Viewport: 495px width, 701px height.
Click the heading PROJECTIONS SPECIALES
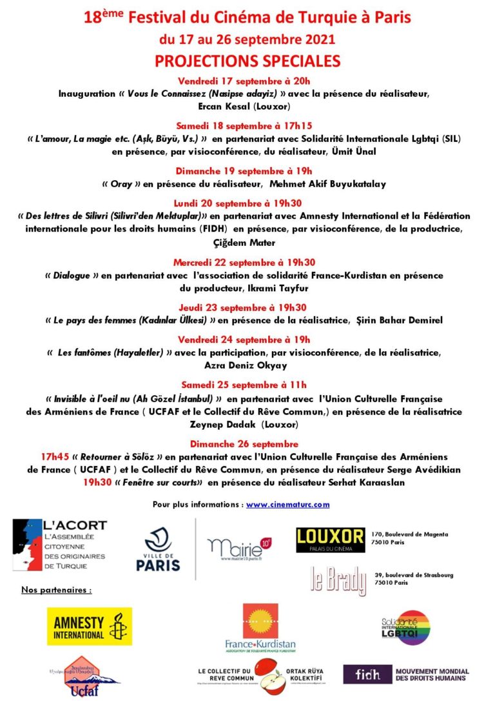pos(247,61)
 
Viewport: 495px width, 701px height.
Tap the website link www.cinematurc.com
pos(287,504)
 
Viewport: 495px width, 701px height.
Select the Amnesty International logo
pos(90,625)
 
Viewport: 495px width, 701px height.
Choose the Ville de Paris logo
pos(158,549)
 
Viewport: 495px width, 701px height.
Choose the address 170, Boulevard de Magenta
pos(410,534)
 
